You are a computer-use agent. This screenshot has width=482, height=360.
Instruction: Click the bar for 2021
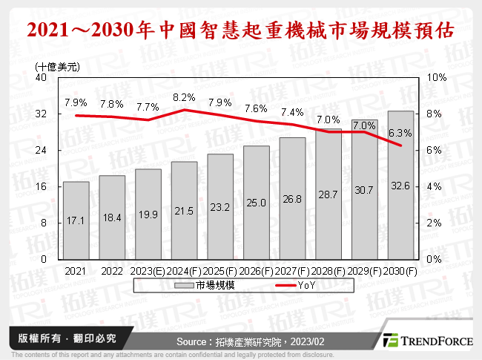click(x=76, y=220)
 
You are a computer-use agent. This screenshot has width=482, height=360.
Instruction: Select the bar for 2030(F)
click(x=400, y=186)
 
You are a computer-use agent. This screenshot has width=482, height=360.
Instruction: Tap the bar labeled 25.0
click(x=256, y=203)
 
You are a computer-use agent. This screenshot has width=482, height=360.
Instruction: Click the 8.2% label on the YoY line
click(x=183, y=97)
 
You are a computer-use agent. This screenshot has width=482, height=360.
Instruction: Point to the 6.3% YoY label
click(x=400, y=133)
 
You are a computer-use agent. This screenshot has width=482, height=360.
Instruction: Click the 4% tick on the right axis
click(x=435, y=186)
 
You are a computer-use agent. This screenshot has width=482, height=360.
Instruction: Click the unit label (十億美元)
click(x=58, y=65)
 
